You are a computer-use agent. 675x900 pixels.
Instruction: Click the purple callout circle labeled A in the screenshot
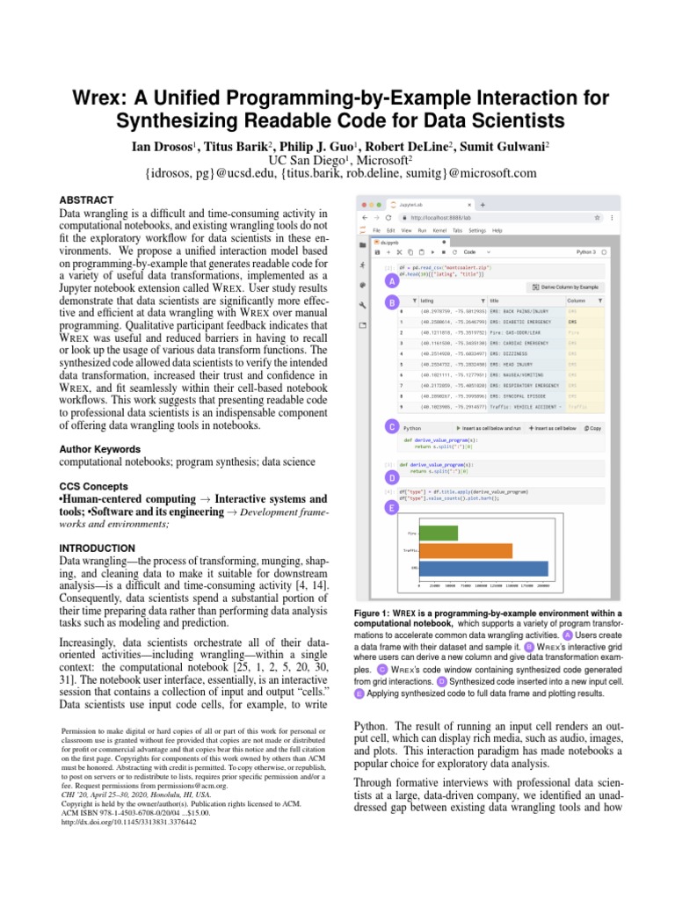(390, 281)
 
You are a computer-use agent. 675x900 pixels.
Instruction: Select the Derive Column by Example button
(566, 287)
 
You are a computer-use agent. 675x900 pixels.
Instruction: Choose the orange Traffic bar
(465, 551)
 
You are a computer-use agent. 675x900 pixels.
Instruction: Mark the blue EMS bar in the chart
(483, 569)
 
